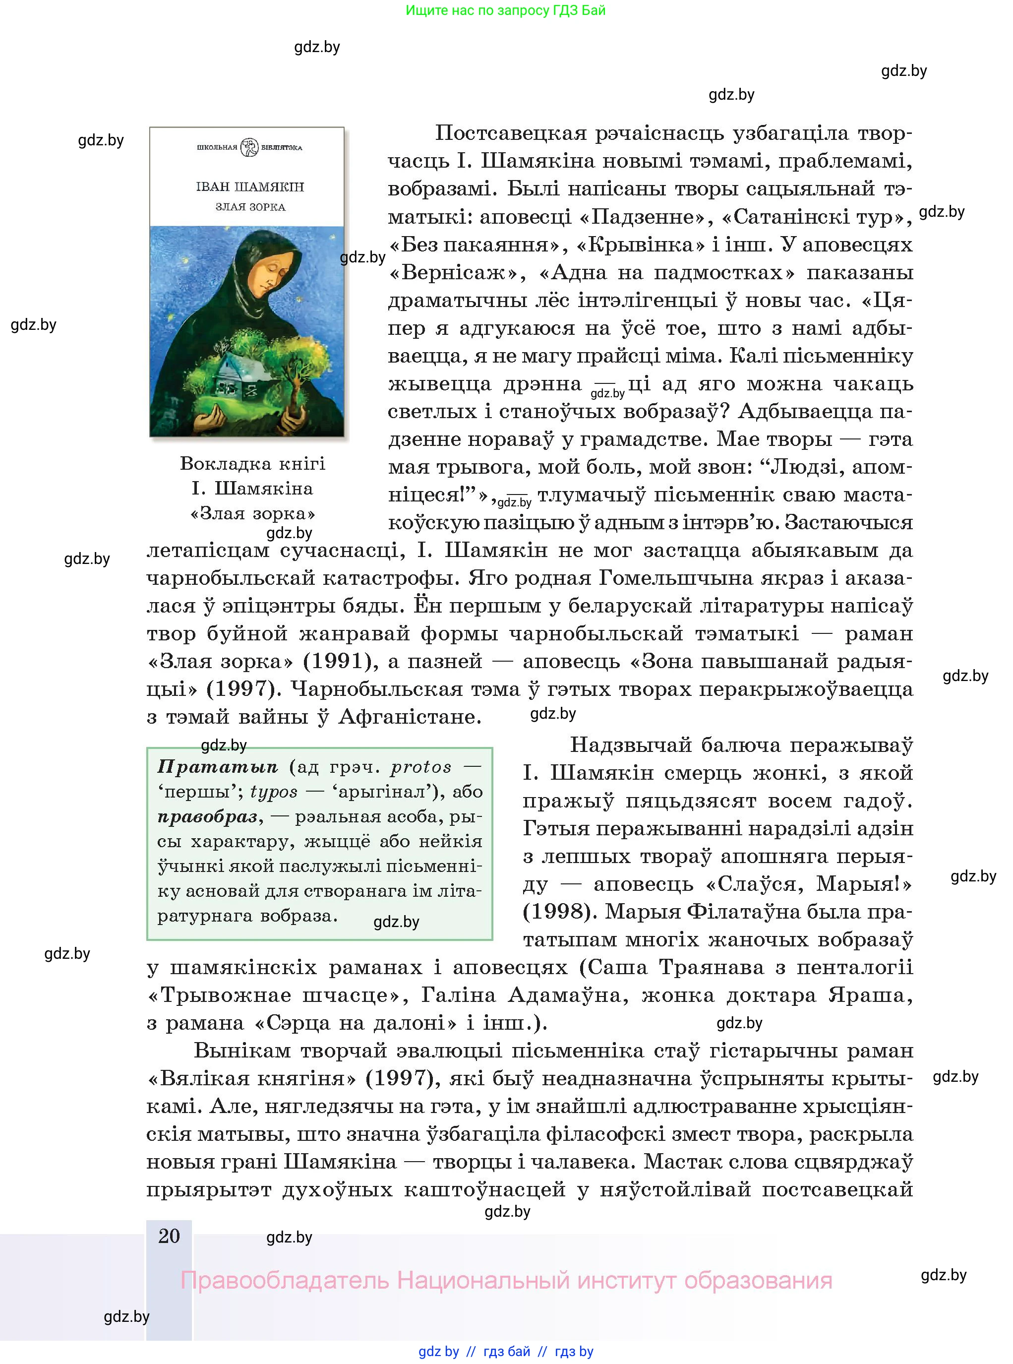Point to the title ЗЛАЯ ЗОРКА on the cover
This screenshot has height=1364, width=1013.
(x=250, y=207)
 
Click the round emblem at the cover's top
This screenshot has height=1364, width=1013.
(x=249, y=147)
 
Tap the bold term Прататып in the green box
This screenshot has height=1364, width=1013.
(x=218, y=767)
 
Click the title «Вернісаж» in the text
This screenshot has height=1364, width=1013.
(x=456, y=272)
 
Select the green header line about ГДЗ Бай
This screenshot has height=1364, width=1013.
(x=505, y=10)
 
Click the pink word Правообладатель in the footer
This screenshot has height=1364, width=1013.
(x=285, y=1281)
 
